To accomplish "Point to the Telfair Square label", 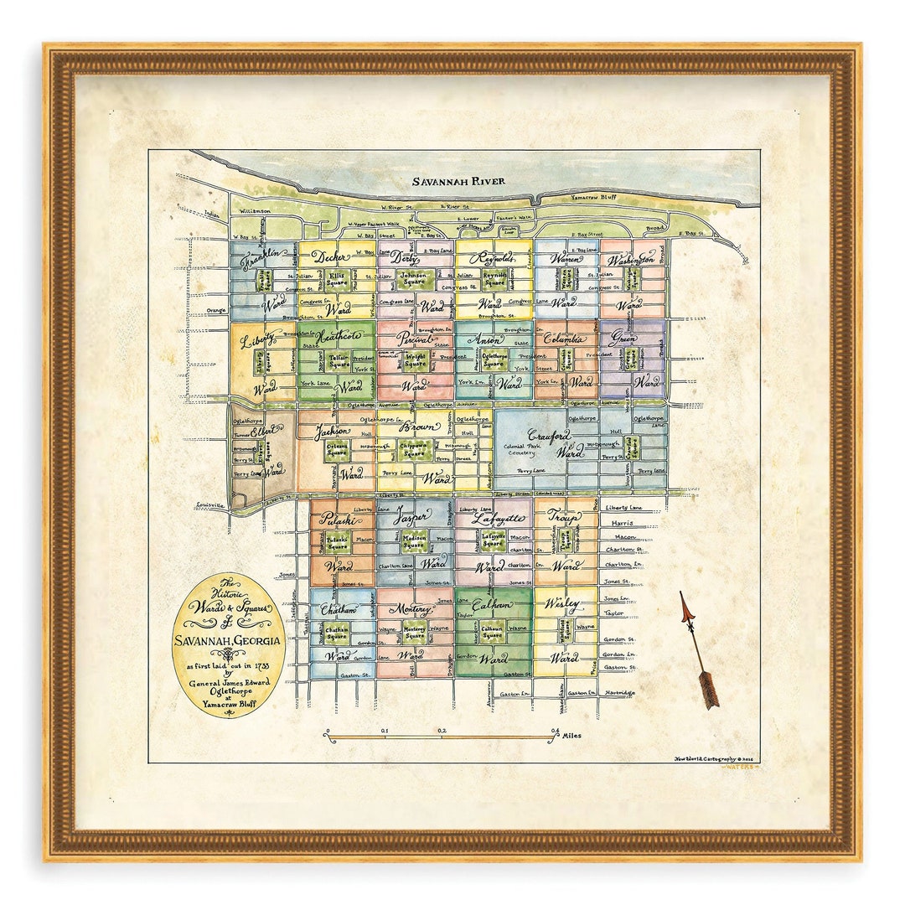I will [x=339, y=360].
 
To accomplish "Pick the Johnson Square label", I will [x=412, y=278].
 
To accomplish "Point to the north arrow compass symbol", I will [x=698, y=650].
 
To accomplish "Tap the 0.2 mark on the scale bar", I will [x=441, y=731].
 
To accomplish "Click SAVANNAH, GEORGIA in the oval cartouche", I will [x=227, y=643].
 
